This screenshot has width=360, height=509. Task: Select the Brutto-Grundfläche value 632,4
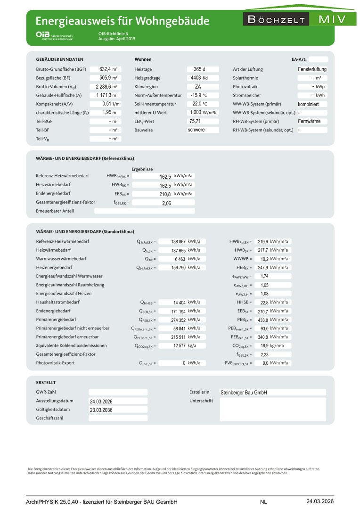point(103,69)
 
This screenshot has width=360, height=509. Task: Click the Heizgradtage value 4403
point(196,78)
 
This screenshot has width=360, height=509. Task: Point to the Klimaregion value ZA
point(198,87)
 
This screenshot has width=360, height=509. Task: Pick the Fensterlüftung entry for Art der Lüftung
point(312,69)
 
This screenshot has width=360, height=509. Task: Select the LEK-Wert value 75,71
point(195,121)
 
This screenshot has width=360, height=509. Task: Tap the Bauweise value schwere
point(196,130)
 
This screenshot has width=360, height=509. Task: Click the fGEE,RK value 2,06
point(166,203)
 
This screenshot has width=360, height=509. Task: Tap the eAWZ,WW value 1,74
point(264,276)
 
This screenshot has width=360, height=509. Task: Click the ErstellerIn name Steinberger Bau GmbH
point(247,392)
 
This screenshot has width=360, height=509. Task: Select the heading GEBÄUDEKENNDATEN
point(60,60)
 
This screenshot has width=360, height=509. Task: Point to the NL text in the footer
point(263,501)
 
